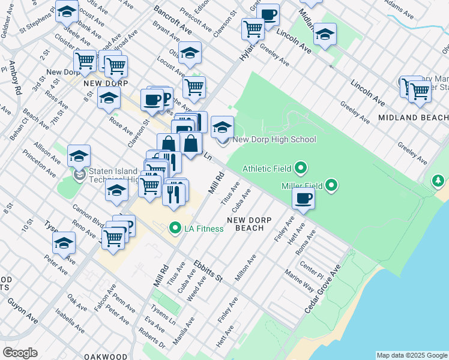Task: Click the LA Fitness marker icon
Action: coord(175,228)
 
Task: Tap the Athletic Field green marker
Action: coord(301,168)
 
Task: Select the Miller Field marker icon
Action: coord(331,186)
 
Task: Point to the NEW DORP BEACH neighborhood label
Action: coord(245,224)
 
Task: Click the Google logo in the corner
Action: coord(20,353)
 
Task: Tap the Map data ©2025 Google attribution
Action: coord(411,355)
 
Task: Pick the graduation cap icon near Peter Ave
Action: coord(64,243)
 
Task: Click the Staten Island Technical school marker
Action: coord(79,175)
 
